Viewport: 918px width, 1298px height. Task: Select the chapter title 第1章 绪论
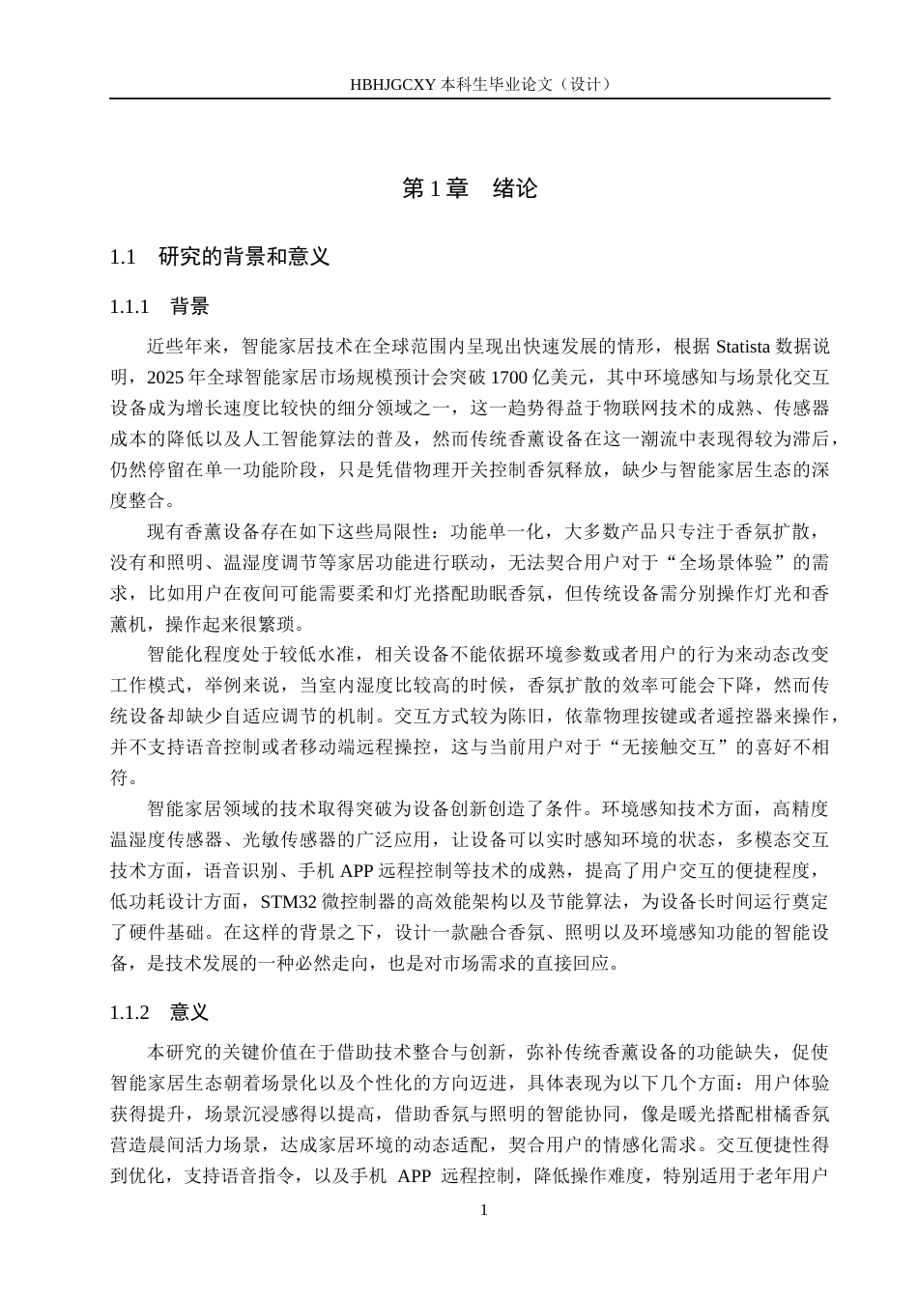pos(470,188)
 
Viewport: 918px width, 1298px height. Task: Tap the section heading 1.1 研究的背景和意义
pos(220,257)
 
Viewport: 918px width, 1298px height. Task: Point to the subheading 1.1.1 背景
pos(159,307)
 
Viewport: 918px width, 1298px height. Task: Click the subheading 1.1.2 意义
pos(159,1012)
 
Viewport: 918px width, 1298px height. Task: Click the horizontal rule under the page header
pos(470,99)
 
